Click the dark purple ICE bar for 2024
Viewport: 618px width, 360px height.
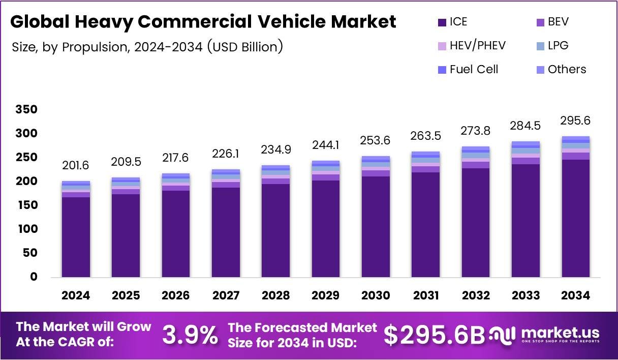point(76,237)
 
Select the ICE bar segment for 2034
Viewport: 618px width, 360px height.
point(576,218)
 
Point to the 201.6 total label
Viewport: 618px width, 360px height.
point(76,165)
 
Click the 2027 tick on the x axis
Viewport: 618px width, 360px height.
point(226,296)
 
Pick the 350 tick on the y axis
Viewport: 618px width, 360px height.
point(26,109)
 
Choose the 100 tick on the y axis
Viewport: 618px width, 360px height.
point(26,229)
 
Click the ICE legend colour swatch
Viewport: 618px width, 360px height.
point(441,22)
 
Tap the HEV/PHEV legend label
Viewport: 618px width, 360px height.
point(478,46)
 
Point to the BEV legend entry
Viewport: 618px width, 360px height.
point(558,22)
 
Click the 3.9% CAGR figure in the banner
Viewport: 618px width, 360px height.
point(190,335)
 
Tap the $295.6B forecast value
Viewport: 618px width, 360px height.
point(435,335)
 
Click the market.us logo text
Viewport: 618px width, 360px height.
point(560,333)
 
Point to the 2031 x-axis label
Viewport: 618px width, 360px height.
point(426,296)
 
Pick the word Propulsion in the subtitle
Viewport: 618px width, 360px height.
point(91,47)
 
